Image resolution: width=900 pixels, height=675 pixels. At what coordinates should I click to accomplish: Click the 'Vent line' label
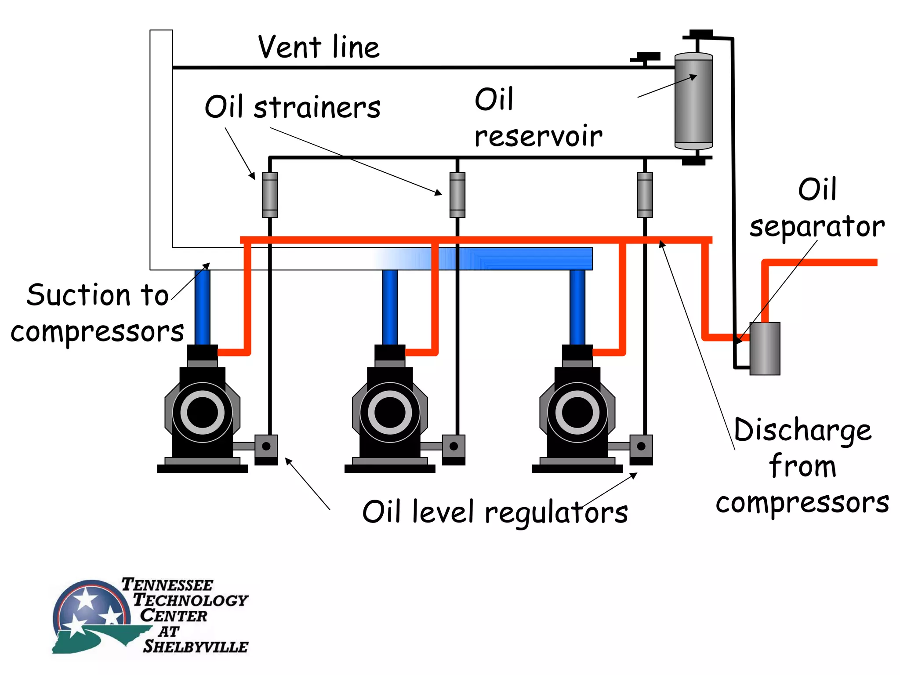[319, 47]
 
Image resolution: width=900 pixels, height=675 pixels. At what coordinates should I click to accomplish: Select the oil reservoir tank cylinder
[693, 102]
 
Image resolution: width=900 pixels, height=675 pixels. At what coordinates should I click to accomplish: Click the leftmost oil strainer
[270, 195]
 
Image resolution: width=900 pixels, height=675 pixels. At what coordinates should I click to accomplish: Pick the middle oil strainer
[457, 195]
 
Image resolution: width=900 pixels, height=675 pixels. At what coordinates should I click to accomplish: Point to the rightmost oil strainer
[645, 195]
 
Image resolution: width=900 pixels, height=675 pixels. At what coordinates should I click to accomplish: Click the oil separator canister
[765, 348]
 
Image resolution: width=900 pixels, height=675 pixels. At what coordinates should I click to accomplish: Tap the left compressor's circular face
[203, 413]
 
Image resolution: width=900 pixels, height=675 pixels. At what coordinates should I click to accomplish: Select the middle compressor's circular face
[390, 413]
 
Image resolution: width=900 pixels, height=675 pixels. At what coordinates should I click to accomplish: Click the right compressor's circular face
[577, 413]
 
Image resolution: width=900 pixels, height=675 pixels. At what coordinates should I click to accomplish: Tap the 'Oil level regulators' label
[495, 512]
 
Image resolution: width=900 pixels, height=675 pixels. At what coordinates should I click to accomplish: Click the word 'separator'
[817, 227]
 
